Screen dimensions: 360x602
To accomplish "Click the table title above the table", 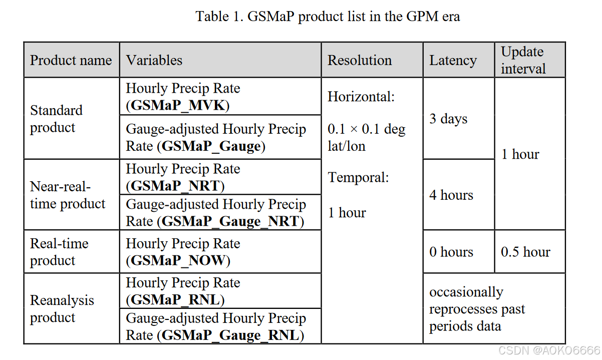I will pos(328,17).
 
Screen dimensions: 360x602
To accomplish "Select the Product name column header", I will pos(71,61).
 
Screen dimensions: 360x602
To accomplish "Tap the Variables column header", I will pos(154,61).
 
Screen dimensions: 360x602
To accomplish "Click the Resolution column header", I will pos(360,61).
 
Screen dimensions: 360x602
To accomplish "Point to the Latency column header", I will pos(453,61).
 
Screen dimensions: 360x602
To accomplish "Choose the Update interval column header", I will pos(523,60).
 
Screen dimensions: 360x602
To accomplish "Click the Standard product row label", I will pos(56,119).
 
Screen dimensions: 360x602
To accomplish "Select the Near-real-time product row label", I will pos(68,195).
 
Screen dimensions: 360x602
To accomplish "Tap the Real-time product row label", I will pos(59,252).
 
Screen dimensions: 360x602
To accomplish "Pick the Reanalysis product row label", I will pos(62,308).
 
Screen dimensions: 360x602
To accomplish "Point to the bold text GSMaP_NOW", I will pos(178,261).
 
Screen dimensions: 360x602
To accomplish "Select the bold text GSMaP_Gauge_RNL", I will pos(230,335).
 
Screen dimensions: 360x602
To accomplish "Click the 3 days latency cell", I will pos(448,119).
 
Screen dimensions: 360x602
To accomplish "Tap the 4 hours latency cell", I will pos(451,195).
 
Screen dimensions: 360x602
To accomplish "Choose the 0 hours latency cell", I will pos(451,252).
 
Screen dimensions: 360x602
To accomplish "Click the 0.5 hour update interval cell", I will pos(525,252).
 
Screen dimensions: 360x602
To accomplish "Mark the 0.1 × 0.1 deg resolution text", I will pos(366,130).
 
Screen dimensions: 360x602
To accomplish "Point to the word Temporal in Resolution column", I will pos(358,177).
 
